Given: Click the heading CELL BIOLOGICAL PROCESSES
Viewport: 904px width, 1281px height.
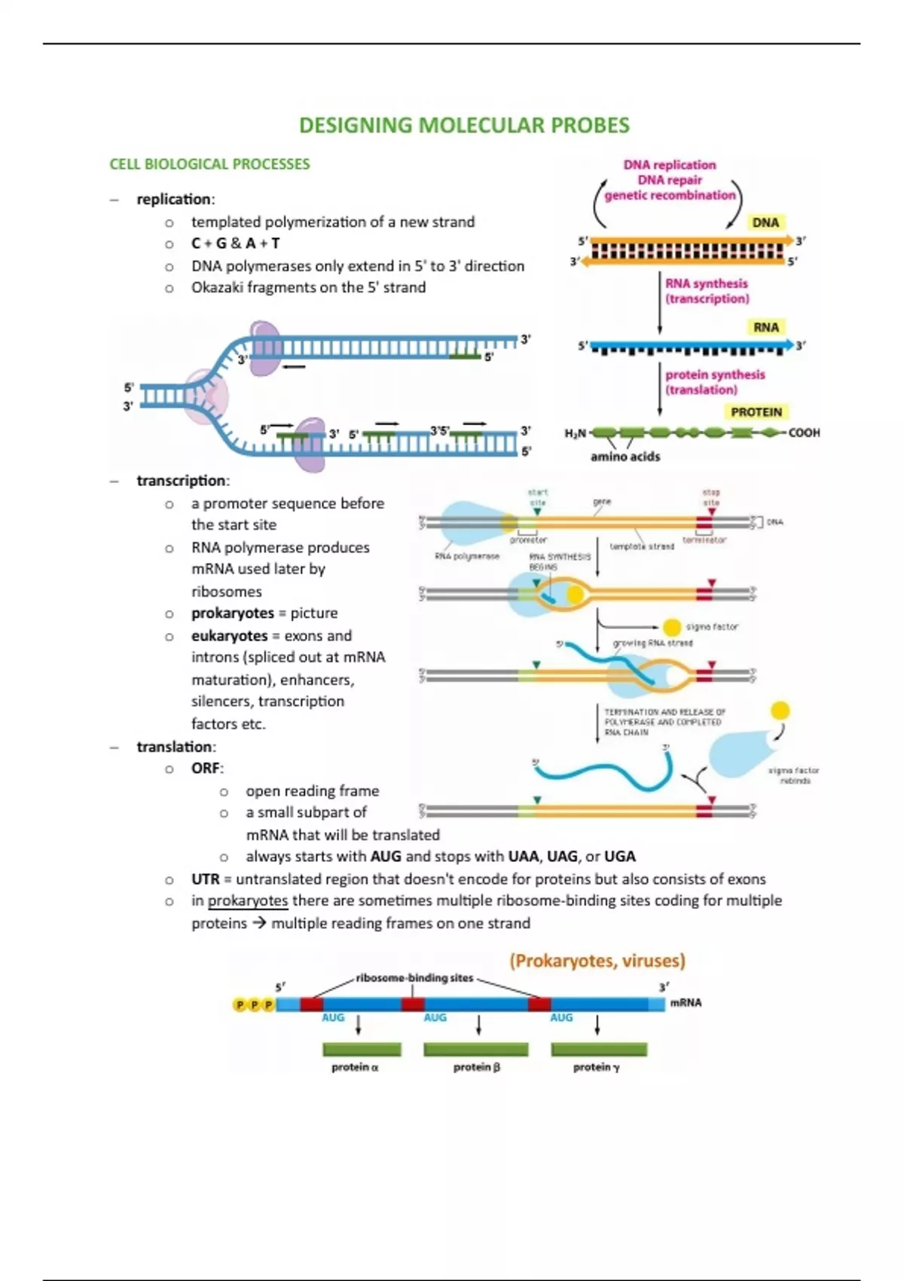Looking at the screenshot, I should tap(209, 164).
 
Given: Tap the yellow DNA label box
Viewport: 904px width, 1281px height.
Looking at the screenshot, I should tap(765, 222).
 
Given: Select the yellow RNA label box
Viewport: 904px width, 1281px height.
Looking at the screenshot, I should tap(765, 327).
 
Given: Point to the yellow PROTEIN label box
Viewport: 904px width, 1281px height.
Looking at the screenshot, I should tap(756, 412).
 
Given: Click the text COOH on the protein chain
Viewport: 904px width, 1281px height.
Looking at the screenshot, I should tap(804, 433).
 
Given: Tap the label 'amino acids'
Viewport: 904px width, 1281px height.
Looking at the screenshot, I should tap(625, 457).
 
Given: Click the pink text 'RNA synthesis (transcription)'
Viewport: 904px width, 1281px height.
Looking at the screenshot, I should tap(707, 291).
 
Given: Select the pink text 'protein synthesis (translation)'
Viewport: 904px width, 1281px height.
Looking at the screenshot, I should tap(714, 382).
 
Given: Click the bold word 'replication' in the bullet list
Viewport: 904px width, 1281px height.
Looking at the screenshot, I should tap(173, 200).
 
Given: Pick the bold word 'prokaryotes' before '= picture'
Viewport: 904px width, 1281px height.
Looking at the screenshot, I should tap(232, 613).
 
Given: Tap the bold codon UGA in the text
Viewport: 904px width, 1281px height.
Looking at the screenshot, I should tap(619, 857).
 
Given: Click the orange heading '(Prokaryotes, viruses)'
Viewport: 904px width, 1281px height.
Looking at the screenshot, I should tap(597, 961).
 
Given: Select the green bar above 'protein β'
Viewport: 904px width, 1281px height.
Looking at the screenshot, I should tap(475, 1050).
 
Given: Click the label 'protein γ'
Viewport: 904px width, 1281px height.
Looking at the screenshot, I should tap(596, 1067).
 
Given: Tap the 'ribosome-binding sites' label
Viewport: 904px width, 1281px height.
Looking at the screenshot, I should tap(414, 978).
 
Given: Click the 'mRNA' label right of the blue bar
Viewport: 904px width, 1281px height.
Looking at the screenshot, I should tap(686, 1003).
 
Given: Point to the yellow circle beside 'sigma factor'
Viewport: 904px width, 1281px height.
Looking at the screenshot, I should tap(671, 627).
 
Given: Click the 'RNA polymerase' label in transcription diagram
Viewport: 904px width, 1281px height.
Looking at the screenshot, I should tap(466, 556).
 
